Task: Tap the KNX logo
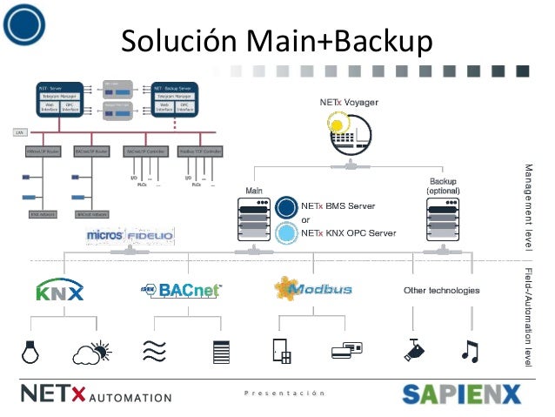[60, 290]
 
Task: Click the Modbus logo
[312, 288]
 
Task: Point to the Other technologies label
[441, 290]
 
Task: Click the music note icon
[470, 351]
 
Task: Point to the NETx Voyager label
[349, 104]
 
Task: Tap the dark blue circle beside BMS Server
[286, 208]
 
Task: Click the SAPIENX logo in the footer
[460, 393]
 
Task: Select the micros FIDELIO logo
[130, 236]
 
